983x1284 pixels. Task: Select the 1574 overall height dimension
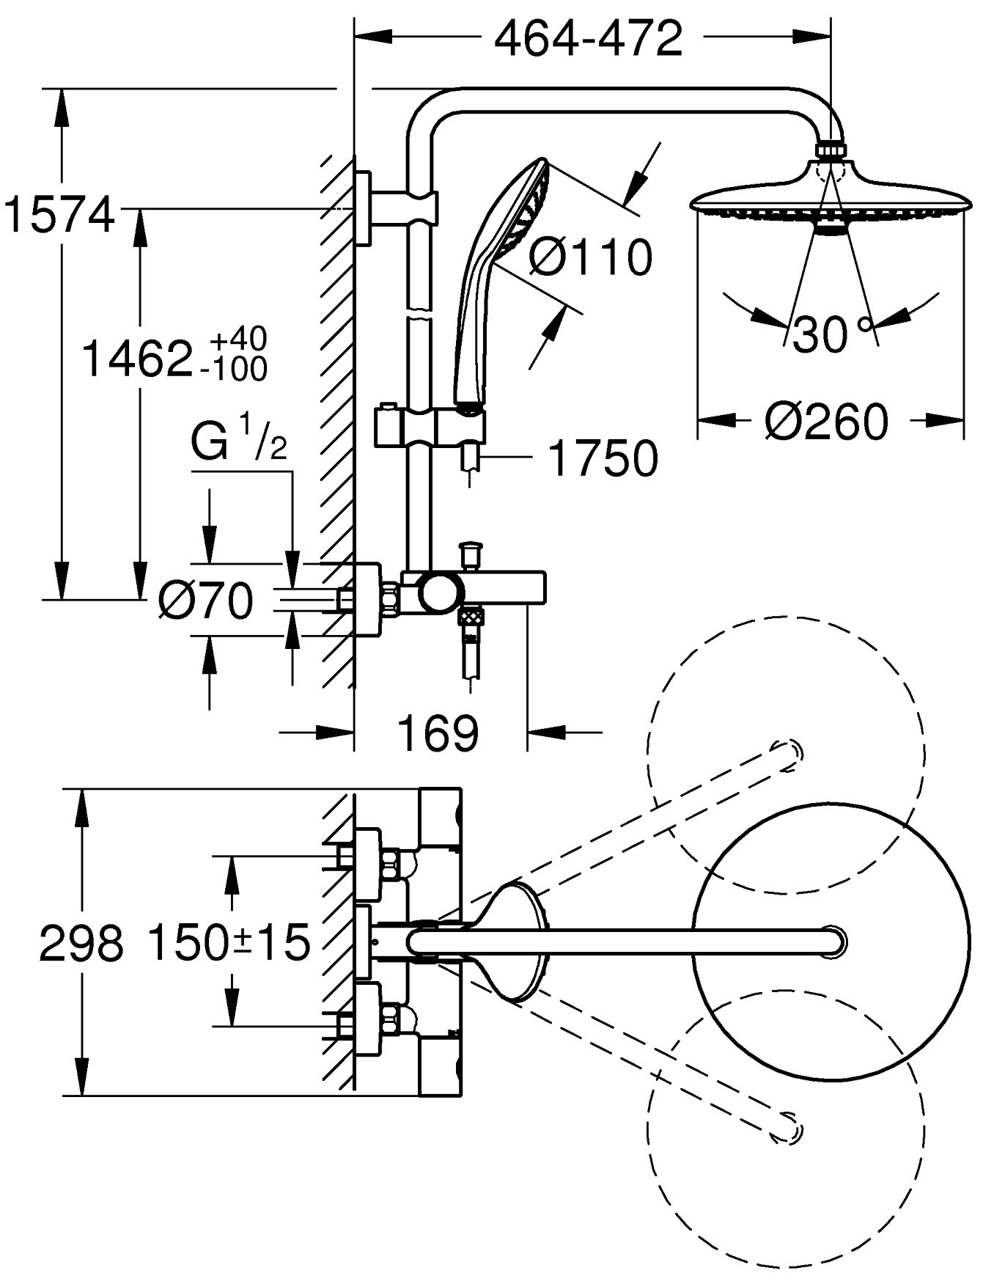point(60,215)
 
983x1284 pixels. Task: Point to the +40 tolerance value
point(238,340)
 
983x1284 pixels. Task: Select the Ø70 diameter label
point(205,601)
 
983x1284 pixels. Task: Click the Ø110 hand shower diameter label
point(589,257)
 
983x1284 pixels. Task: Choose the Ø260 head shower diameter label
point(826,422)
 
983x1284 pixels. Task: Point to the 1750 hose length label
point(603,459)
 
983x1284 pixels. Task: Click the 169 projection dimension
point(438,732)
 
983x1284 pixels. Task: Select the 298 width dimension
point(81,943)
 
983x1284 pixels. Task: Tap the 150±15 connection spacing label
point(229,943)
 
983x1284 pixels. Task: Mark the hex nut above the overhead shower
point(831,150)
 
